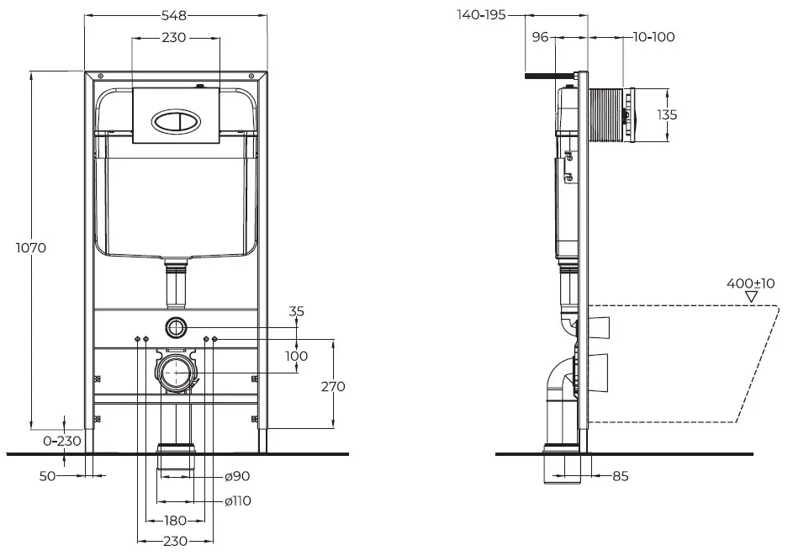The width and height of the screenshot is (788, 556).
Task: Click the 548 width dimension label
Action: (174, 16)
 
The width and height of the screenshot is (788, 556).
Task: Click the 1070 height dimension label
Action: (31, 247)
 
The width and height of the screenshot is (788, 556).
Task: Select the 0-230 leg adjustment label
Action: (62, 441)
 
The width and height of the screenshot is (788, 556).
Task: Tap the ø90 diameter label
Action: (237, 475)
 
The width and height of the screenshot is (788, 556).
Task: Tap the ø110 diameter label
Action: (238, 500)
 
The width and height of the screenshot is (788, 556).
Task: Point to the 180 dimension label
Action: (176, 521)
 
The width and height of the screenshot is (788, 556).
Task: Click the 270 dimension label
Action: (333, 386)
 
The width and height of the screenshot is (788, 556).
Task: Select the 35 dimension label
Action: (297, 311)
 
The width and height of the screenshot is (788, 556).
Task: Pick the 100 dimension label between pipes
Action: (297, 356)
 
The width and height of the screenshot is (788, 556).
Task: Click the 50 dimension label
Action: (48, 475)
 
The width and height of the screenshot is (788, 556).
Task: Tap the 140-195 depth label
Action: (481, 14)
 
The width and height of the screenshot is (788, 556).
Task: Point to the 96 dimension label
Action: (540, 37)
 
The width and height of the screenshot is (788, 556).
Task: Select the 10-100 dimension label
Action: (653, 37)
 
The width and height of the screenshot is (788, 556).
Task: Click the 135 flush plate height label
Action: (667, 114)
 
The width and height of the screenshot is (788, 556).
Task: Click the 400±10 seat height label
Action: (751, 283)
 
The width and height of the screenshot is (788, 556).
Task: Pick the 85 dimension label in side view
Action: (621, 475)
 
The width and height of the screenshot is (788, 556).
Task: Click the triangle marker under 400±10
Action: (751, 297)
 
